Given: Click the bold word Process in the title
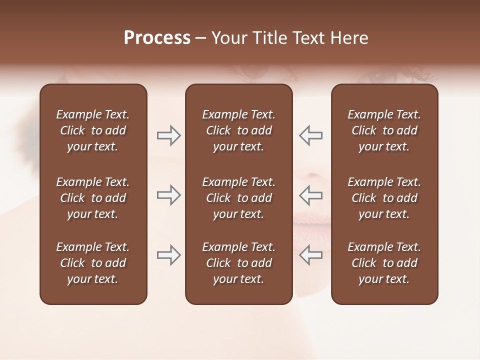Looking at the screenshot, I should [x=157, y=38].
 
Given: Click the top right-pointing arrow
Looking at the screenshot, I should [x=168, y=135].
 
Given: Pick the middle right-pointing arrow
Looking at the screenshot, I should [x=168, y=195].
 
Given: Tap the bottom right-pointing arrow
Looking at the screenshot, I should [x=168, y=255].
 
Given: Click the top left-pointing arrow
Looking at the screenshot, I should [x=310, y=135].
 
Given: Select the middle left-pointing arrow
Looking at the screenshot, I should [x=310, y=195].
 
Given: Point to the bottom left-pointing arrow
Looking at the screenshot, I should [x=310, y=255].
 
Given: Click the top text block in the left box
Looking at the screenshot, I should [x=93, y=130].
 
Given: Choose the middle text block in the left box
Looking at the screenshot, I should [x=93, y=198].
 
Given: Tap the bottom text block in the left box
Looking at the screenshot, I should [x=93, y=263].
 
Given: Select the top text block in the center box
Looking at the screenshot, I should [x=238, y=130].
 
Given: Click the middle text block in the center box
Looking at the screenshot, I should [x=238, y=198].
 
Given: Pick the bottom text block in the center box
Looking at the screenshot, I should [x=238, y=263].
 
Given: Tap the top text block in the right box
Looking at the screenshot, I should [x=384, y=130].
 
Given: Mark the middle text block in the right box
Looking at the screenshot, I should [x=384, y=198].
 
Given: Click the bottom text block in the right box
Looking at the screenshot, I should [x=384, y=263].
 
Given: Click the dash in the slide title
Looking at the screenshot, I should [x=200, y=38].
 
